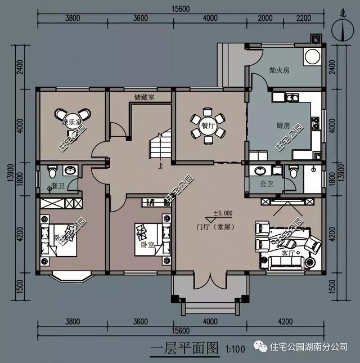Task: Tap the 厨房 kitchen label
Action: [x=283, y=126]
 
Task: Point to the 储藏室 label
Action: [x=145, y=97]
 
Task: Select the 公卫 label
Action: [x=260, y=183]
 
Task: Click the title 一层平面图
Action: [x=184, y=348]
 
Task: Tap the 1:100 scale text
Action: [x=235, y=349]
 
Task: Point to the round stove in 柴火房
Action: [x=311, y=56]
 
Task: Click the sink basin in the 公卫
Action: [x=261, y=170]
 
